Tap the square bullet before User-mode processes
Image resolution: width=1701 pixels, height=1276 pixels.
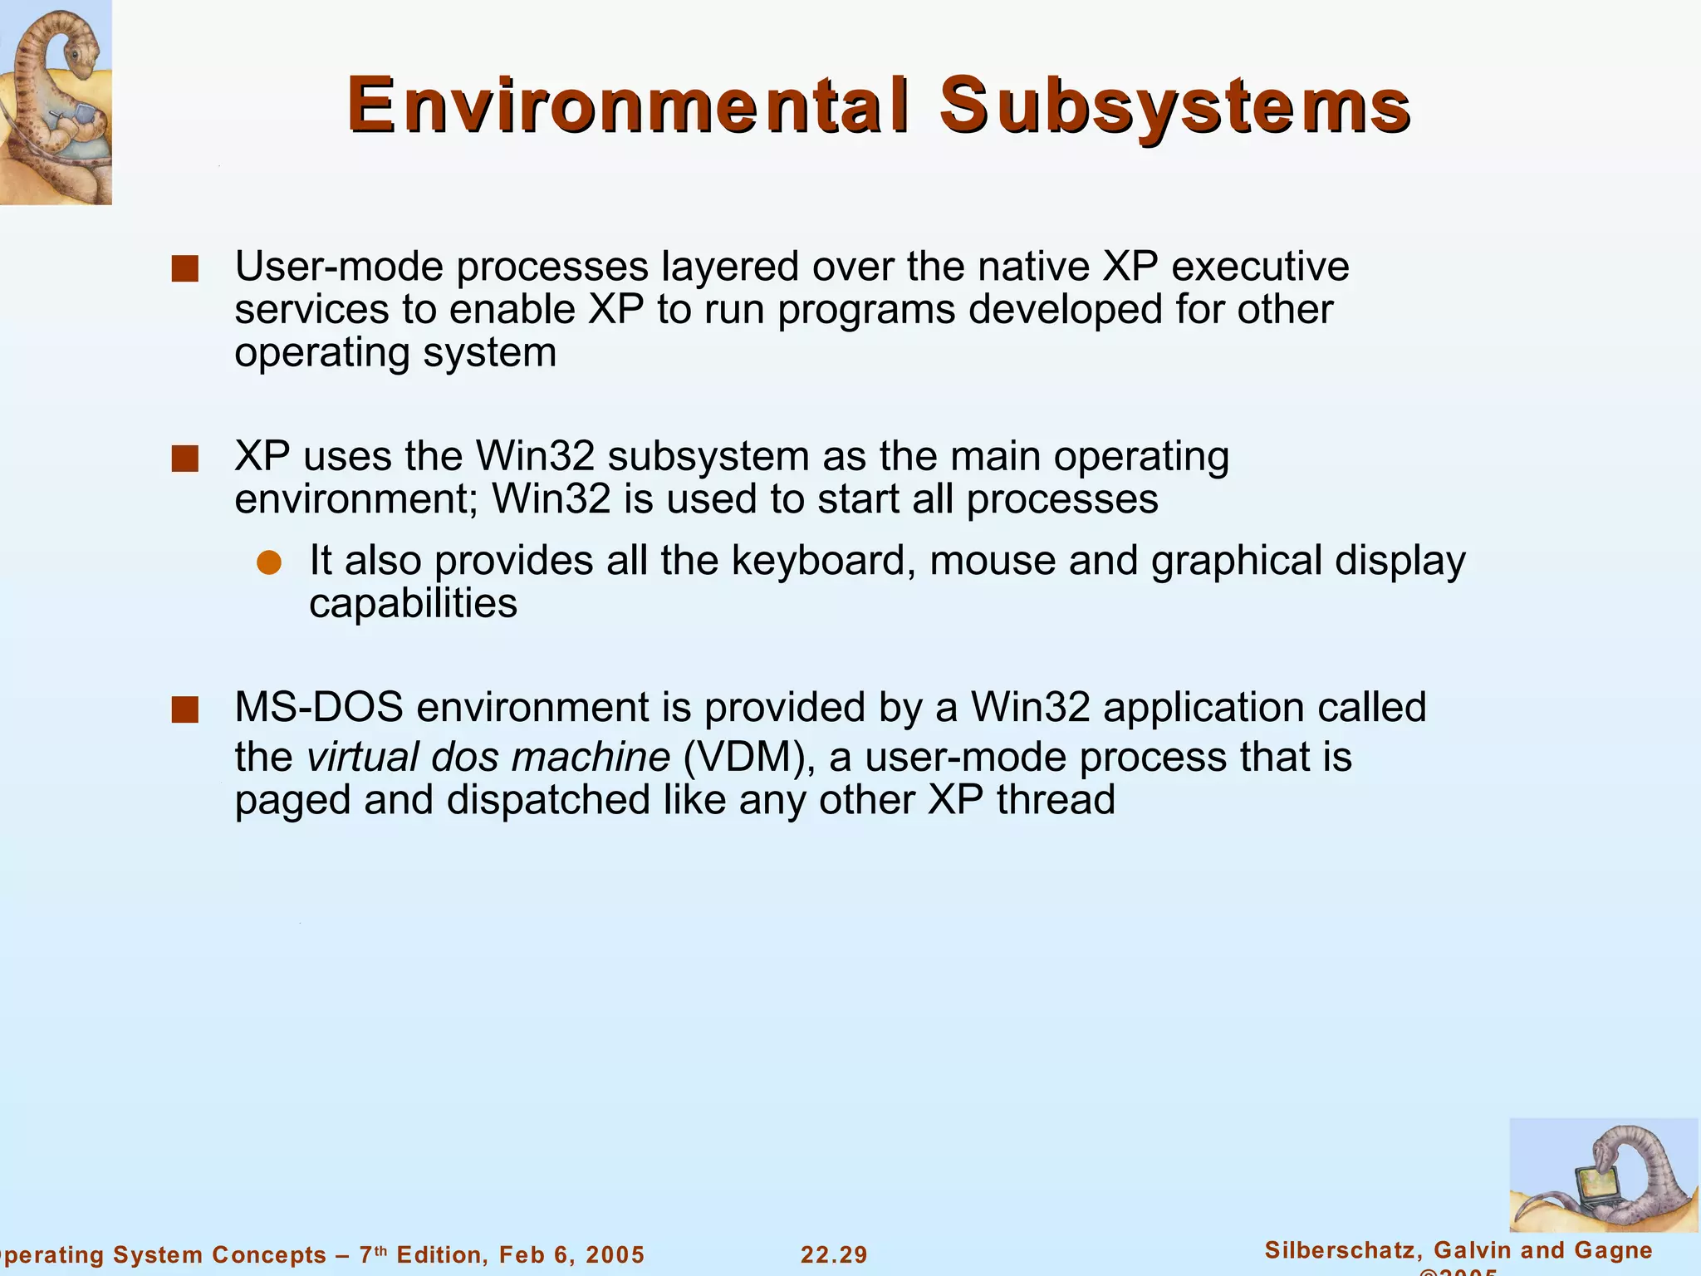point(184,269)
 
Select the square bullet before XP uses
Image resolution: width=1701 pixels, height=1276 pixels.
point(184,459)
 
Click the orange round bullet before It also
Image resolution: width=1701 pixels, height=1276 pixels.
point(269,562)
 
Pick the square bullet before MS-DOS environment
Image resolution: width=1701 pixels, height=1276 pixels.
point(184,710)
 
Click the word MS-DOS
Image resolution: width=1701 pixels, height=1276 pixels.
point(319,707)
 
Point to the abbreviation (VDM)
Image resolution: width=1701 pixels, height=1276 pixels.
point(744,757)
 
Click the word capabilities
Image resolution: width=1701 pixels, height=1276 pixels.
point(413,604)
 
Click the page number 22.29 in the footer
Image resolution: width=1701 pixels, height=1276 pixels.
point(834,1254)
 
